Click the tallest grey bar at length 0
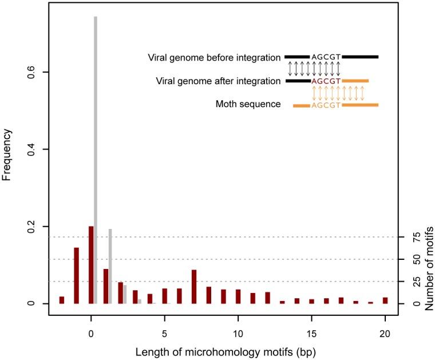[96, 160]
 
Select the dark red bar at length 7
[194, 287]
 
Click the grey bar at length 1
[110, 266]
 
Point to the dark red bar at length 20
[385, 300]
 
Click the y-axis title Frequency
[7, 155]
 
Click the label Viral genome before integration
[215, 57]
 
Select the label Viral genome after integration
[219, 81]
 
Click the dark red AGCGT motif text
[326, 81]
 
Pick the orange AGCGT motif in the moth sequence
[326, 105]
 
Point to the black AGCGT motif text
[326, 57]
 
